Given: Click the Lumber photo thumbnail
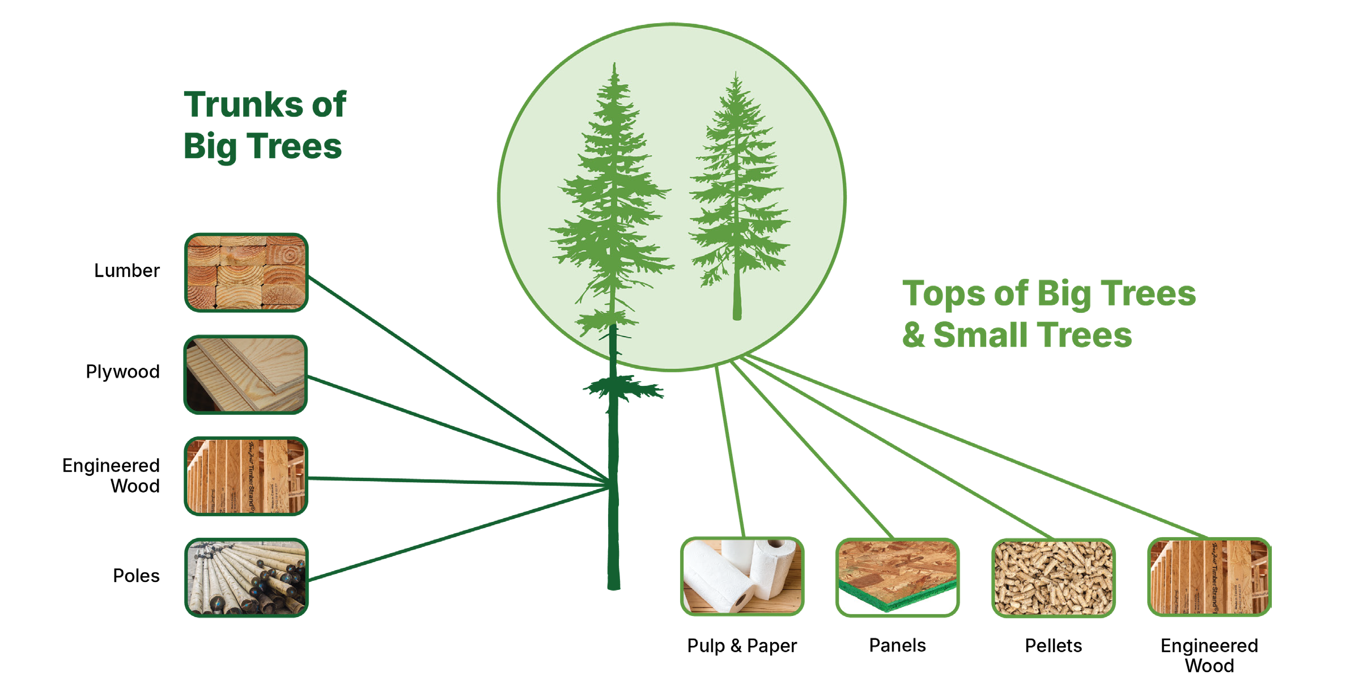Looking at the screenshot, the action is point(246,273).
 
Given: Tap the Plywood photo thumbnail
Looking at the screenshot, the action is point(246,375).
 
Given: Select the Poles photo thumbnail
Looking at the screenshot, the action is point(246,577).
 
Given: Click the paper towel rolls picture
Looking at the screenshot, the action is point(742,576).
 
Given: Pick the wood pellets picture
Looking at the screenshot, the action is point(1053,577).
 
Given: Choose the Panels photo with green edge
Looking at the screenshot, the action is point(897,577).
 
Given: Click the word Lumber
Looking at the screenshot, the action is point(127,271).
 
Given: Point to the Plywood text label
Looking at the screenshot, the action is point(123,372).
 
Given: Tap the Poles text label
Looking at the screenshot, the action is point(136,576).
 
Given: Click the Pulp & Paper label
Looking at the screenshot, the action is point(742,646).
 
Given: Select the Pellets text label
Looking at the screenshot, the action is point(1054,646).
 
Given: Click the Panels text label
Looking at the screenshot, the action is point(898,645).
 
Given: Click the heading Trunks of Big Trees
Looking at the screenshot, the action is point(265,126).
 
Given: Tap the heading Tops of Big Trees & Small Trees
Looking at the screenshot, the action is point(1049,313).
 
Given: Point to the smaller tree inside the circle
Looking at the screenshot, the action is point(737,195).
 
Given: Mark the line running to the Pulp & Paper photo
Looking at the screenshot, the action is point(730,450).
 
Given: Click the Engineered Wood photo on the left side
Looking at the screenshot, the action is point(246,476).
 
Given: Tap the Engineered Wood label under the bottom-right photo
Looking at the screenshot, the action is point(1209,656).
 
